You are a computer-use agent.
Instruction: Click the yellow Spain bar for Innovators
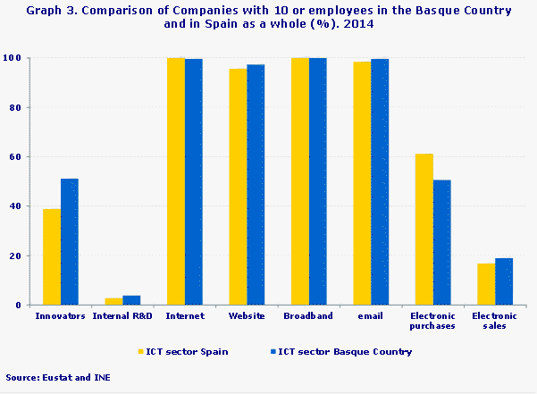pyautogui.click(x=52, y=257)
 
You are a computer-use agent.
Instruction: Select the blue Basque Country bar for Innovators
pyautogui.click(x=70, y=242)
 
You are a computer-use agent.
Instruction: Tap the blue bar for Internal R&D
pyautogui.click(x=131, y=300)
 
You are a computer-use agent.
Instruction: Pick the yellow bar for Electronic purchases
pyautogui.click(x=424, y=230)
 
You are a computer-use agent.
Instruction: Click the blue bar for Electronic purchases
pyautogui.click(x=442, y=243)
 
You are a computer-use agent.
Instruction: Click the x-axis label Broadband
pyautogui.click(x=308, y=316)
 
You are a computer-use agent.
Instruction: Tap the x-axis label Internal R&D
pyautogui.click(x=122, y=316)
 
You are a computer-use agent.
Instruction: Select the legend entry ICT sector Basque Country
pyautogui.click(x=348, y=352)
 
